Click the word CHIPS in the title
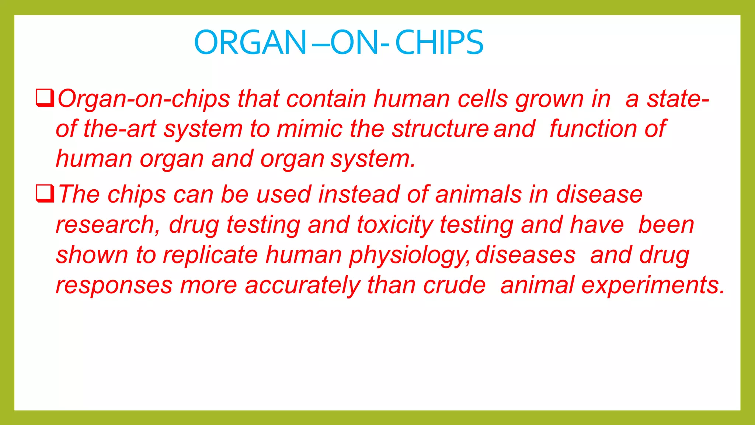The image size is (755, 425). coord(439,43)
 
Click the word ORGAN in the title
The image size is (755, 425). coord(250,43)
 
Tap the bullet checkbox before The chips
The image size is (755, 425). coord(45,194)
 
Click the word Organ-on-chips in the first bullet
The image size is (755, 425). coord(144,100)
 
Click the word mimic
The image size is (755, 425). coord(310,129)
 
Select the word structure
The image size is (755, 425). coord(440,129)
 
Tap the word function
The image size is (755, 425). coord(593,129)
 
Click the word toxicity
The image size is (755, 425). coord(395,225)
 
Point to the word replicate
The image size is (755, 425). coord(211,255)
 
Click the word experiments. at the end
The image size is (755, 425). coord(653,286)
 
